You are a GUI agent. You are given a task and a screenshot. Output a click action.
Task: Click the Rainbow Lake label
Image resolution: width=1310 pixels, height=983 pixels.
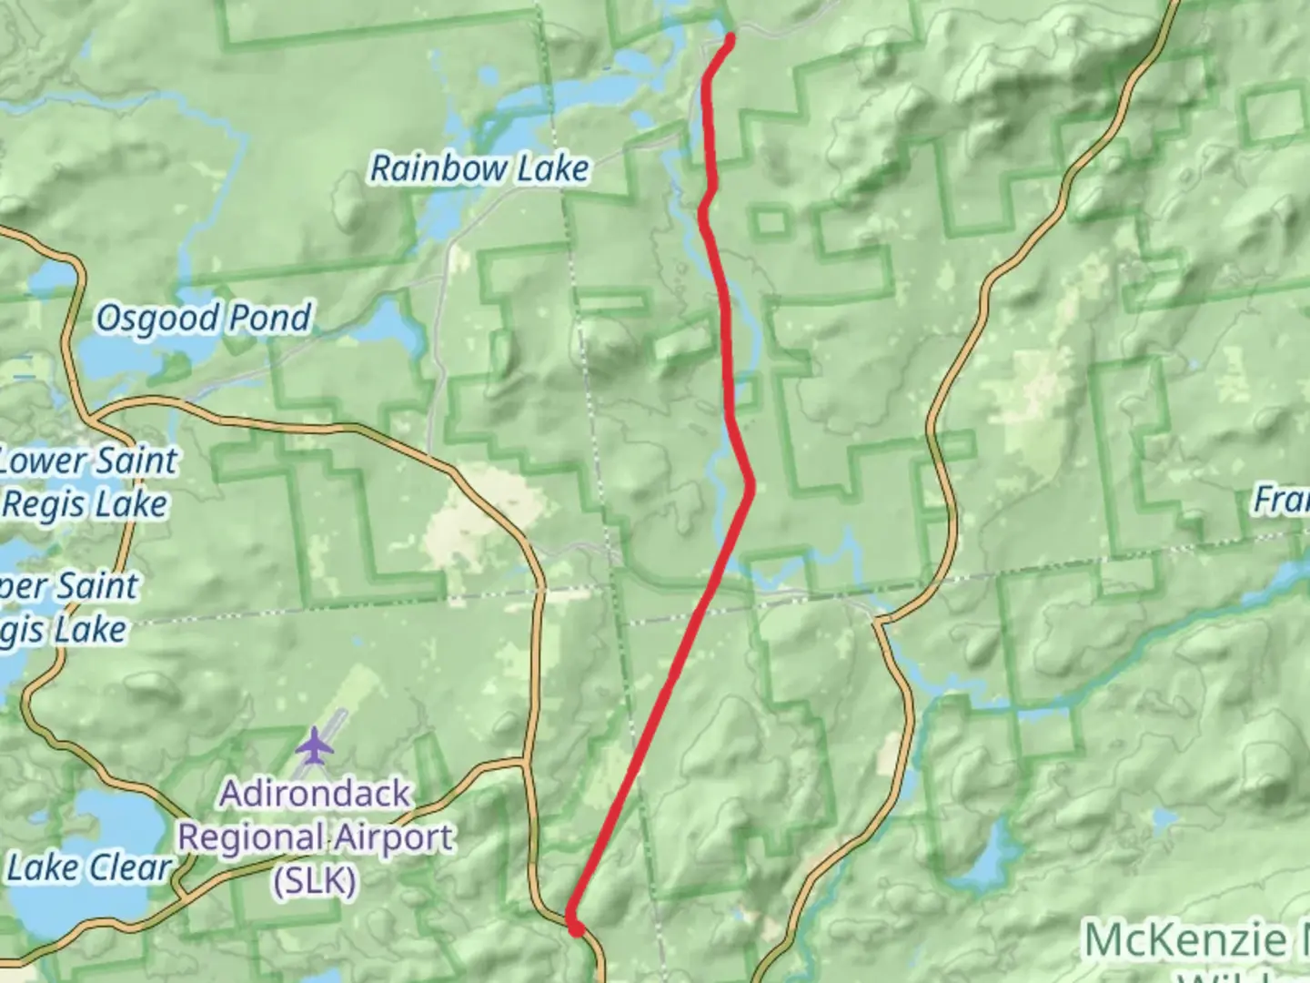click(x=479, y=168)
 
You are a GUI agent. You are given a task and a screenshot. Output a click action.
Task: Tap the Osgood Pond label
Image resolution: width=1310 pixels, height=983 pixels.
click(x=203, y=318)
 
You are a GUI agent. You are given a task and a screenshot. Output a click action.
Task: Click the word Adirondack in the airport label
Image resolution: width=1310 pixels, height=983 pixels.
click(x=315, y=794)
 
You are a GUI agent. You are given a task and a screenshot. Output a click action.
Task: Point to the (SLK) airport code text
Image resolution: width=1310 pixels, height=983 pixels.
click(x=315, y=880)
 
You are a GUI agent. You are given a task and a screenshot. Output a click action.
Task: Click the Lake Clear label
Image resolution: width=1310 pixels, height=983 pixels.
click(x=88, y=867)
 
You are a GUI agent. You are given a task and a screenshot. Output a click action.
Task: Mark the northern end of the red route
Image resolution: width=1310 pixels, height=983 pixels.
click(x=731, y=37)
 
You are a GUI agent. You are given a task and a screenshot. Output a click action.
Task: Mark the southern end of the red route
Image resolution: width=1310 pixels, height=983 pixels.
click(x=576, y=927)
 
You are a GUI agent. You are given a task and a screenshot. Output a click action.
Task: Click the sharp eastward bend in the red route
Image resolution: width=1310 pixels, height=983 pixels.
click(x=751, y=485)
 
